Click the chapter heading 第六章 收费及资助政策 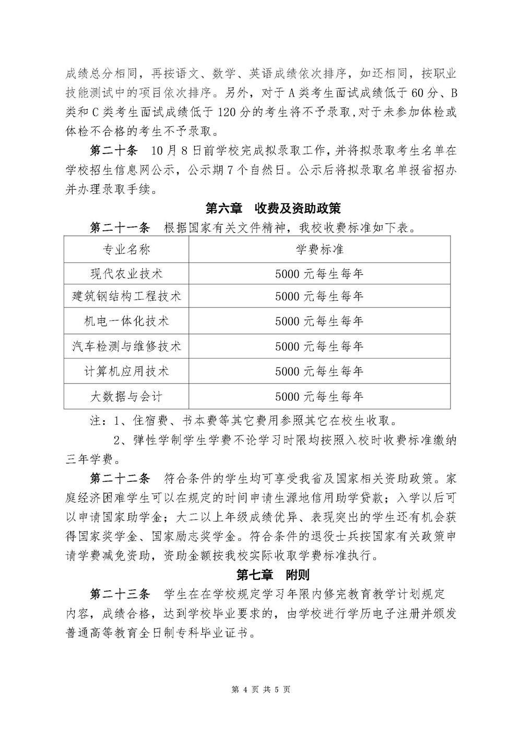coord(272,208)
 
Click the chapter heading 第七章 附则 coord(272,575)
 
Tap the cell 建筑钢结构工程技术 coord(127,296)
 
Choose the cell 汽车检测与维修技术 coord(127,346)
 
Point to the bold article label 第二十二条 coord(120,478)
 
